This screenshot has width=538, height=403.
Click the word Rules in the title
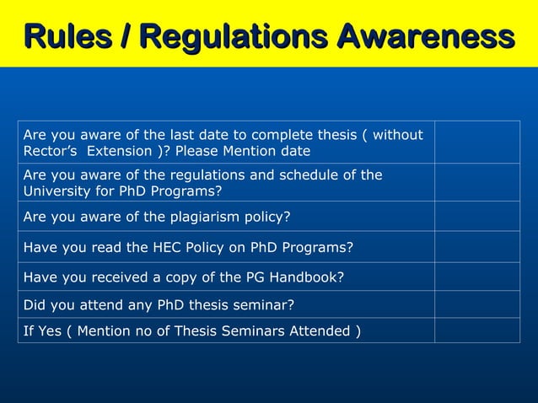pos(71,36)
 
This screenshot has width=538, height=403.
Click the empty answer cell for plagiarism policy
pos(477,216)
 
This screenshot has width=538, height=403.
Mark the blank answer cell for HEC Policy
pos(477,247)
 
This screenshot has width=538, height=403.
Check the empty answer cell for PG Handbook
pos(477,276)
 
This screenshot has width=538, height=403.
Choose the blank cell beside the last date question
pos(477,142)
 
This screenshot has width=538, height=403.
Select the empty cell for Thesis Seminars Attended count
pos(477,330)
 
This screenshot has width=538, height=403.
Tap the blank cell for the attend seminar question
pos(477,304)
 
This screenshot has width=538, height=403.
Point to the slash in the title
pos(125,36)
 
